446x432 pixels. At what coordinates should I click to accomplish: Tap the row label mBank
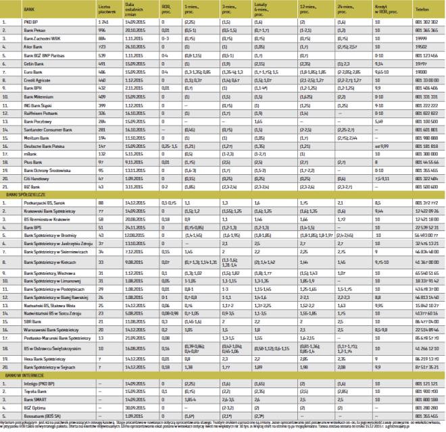(x=28, y=155)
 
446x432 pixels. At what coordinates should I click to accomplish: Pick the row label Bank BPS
(x=29, y=228)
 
